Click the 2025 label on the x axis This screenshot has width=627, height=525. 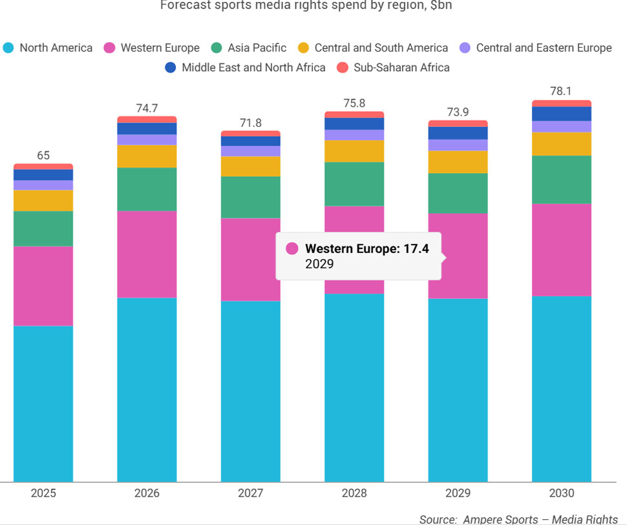[x=43, y=493]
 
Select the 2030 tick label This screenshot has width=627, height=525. [x=561, y=493]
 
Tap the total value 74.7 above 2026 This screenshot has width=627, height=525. [x=147, y=109]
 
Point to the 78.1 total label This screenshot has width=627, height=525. [x=561, y=92]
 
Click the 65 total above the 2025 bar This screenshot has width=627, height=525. [x=43, y=156]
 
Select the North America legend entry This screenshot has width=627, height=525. [x=48, y=48]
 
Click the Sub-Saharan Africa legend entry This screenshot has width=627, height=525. [x=394, y=67]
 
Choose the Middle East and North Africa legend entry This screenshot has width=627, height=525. [x=246, y=67]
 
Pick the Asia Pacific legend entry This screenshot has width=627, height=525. [x=249, y=48]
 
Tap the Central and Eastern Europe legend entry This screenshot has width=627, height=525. [x=536, y=48]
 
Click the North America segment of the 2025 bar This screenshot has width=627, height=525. [x=43, y=403]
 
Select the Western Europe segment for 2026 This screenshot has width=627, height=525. [x=147, y=254]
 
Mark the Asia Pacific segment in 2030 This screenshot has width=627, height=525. [x=561, y=180]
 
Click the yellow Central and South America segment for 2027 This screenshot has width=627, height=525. [x=251, y=167]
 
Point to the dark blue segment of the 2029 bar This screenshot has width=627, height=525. [x=458, y=133]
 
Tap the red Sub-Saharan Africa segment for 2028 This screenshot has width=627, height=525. [x=354, y=114]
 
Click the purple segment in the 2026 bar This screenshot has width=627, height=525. [x=147, y=140]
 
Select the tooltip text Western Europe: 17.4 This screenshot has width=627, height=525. [x=367, y=249]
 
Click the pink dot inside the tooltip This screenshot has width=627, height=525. [x=292, y=249]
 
